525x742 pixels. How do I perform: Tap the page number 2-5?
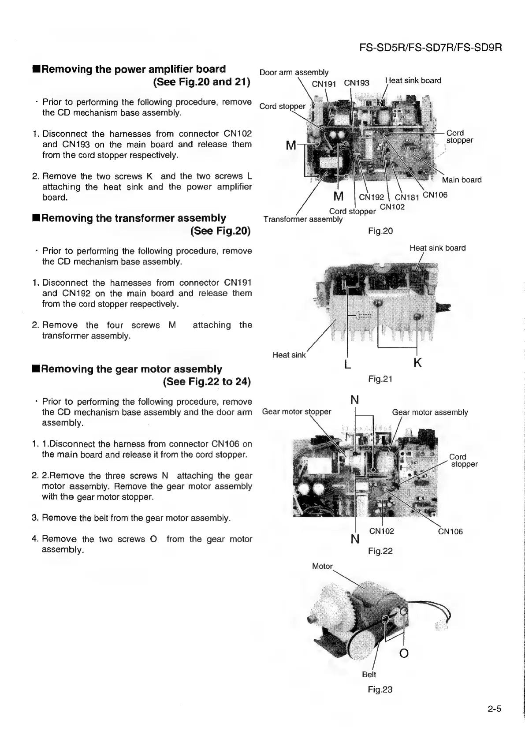pos(495,709)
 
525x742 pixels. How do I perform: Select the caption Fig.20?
pos(380,231)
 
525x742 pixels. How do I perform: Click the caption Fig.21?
pos(380,379)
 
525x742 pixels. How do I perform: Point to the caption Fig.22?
pos(380,551)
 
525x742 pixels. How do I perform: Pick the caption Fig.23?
pos(380,690)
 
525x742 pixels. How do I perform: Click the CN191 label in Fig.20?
pos(324,83)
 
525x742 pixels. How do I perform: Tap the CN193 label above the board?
pos(357,83)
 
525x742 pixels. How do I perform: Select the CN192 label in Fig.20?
pos(372,198)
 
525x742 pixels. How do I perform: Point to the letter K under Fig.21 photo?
pos(417,363)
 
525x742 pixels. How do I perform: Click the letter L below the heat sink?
pos(347,365)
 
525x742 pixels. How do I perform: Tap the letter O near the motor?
pos(403,653)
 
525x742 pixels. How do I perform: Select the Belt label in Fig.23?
pos(369,675)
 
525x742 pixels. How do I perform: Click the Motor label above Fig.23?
pos(322,567)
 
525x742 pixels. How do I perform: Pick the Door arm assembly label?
pos(294,72)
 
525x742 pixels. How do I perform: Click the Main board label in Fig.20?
pos(462,180)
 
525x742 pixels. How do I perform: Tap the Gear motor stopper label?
pos(296,412)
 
